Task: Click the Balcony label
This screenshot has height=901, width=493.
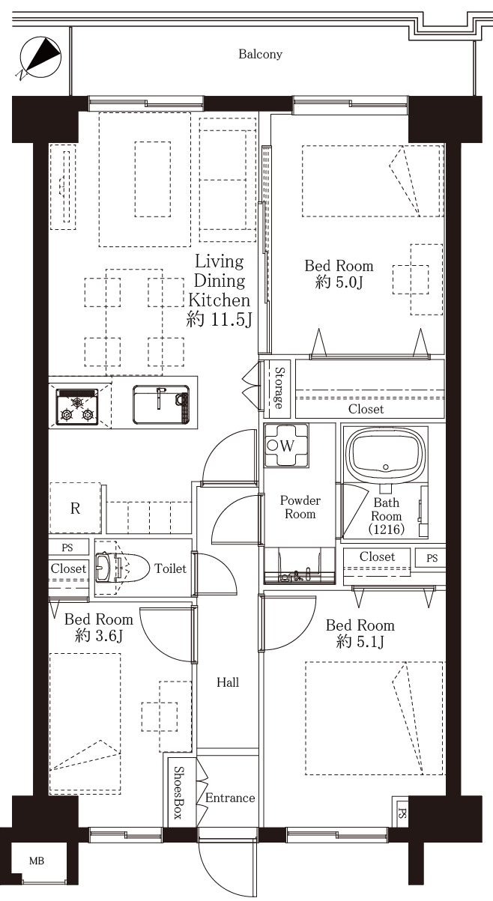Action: point(261,55)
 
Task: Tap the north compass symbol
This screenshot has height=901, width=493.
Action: point(40,58)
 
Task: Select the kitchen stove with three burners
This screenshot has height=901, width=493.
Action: point(77,407)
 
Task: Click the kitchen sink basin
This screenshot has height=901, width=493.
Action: point(161,404)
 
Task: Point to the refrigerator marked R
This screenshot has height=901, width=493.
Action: point(75,508)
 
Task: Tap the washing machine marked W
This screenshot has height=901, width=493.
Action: point(286,445)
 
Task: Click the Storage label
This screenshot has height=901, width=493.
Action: point(279,387)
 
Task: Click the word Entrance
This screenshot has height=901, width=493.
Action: point(230,797)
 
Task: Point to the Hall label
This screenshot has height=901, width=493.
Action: point(228,682)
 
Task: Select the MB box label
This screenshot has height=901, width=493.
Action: point(37,861)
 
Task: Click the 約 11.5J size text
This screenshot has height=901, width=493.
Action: point(219,320)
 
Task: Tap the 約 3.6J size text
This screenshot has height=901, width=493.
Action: point(99,636)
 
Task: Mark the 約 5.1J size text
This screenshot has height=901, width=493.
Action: point(360,642)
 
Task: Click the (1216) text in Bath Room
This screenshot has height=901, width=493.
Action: point(387,529)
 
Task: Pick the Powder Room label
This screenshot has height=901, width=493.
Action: point(300,507)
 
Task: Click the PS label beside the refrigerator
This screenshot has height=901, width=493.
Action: point(67,547)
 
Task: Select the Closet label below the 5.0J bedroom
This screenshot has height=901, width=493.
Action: point(366,409)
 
